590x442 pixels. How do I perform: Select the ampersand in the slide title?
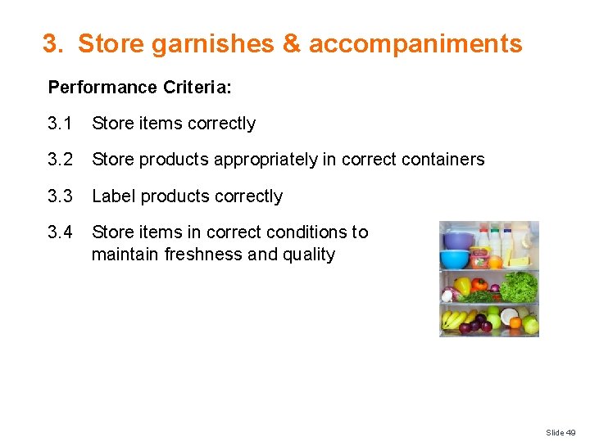point(291,44)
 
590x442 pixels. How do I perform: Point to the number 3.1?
point(60,124)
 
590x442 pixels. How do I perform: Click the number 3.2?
point(60,160)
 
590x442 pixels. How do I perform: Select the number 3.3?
point(60,196)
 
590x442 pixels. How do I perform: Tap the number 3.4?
point(60,232)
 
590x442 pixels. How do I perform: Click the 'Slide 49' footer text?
point(561,432)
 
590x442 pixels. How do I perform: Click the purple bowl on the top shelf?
point(459,240)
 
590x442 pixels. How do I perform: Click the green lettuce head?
point(519,286)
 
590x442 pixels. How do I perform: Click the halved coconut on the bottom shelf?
point(509,315)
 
